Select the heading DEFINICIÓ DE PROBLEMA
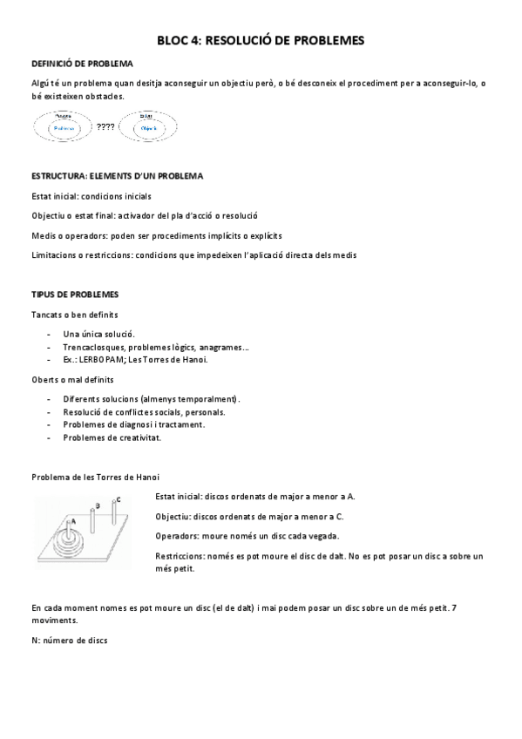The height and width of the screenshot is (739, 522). coord(82,64)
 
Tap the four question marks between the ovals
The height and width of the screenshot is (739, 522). coord(106,127)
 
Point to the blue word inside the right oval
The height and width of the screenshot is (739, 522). coord(148,127)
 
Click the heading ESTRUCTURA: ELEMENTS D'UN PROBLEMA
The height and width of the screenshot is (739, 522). coord(117,176)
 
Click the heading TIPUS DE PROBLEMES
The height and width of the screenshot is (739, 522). coord(75,295)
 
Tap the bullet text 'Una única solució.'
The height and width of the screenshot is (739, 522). coord(99,334)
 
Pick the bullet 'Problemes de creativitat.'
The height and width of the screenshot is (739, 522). coord(112,437)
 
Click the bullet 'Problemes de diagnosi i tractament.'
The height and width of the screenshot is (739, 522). coord(134,424)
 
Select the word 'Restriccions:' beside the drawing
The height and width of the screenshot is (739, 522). coord(181,555)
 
